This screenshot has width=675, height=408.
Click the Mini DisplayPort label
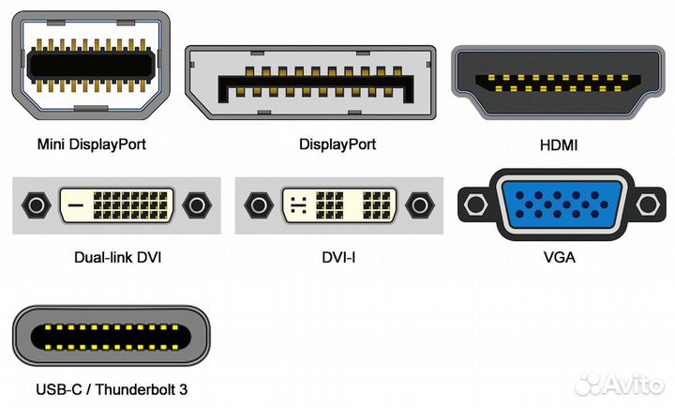pyautogui.click(x=92, y=144)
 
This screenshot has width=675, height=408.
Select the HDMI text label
pyautogui.click(x=559, y=144)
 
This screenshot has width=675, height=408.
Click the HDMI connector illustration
pyautogui.click(x=559, y=82)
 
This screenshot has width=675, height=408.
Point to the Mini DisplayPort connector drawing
pyautogui.click(x=91, y=64)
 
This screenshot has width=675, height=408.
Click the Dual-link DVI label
pyautogui.click(x=117, y=256)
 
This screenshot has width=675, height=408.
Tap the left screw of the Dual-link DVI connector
pyautogui.click(x=36, y=205)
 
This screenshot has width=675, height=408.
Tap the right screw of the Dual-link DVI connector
pyautogui.click(x=198, y=205)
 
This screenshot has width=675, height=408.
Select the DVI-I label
pyautogui.click(x=338, y=256)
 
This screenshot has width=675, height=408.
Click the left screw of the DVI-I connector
pyautogui.click(x=258, y=205)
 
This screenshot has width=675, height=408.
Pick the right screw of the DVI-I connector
pyautogui.click(x=418, y=205)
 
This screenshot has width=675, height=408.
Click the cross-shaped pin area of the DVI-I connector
pyautogui.click(x=298, y=205)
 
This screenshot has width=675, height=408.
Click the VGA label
pyautogui.click(x=559, y=256)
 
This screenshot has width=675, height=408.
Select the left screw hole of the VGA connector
pyautogui.click(x=473, y=204)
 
